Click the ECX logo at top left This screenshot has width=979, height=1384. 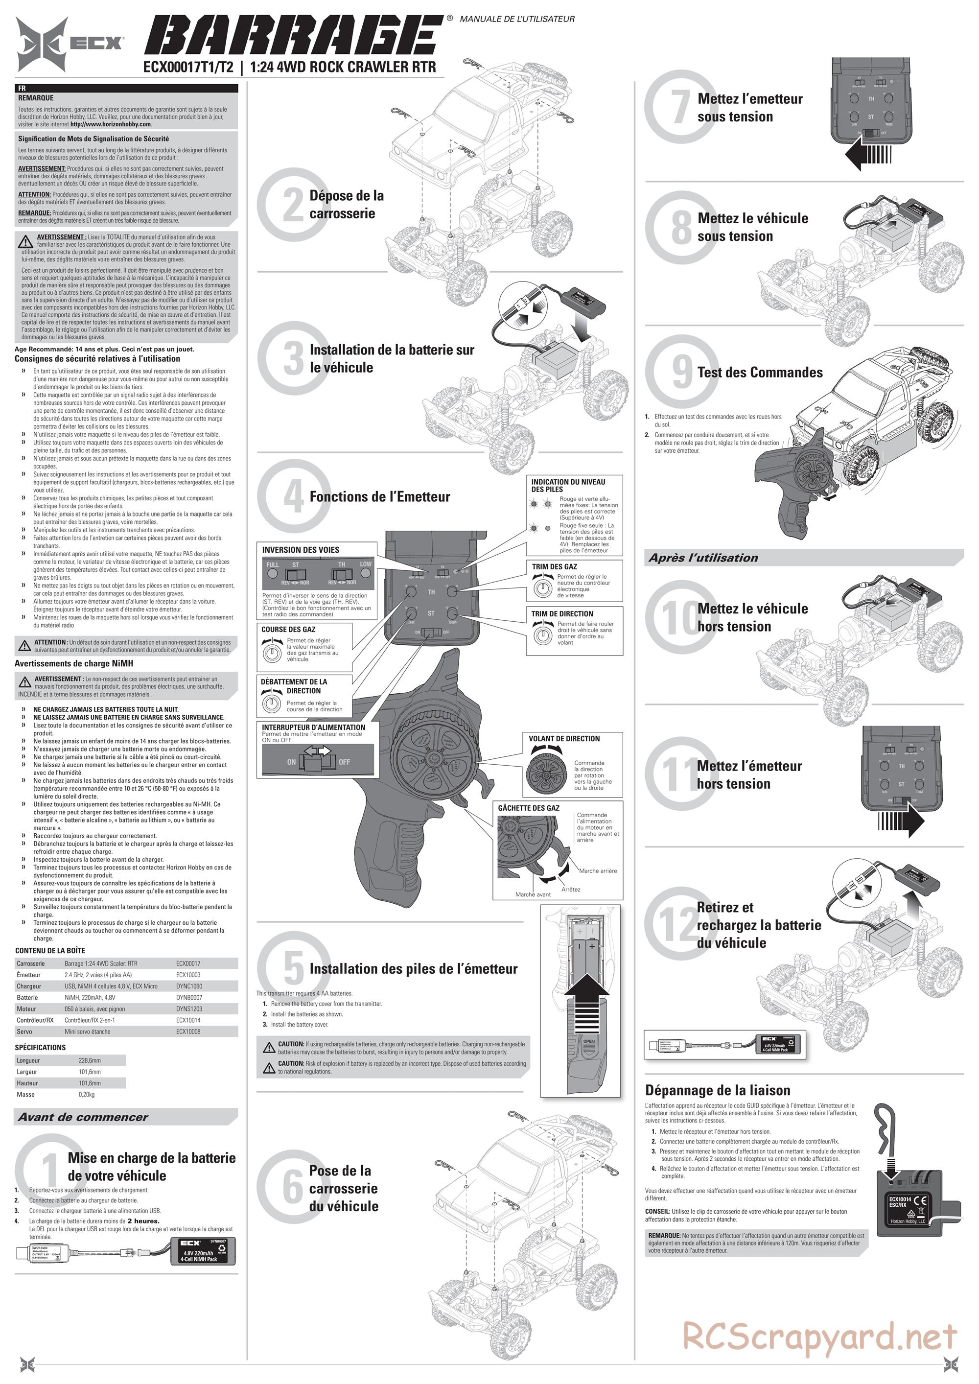70,44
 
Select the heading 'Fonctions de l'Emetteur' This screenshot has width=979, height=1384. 379,497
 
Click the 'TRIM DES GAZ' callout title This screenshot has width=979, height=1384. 554,566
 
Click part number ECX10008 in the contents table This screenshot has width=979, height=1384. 188,1032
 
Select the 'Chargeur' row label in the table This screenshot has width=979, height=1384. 29,986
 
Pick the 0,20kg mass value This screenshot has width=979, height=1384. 86,1094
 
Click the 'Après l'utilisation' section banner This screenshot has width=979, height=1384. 703,558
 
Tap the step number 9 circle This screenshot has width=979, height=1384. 681,372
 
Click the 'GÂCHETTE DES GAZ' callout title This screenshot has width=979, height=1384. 528,808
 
